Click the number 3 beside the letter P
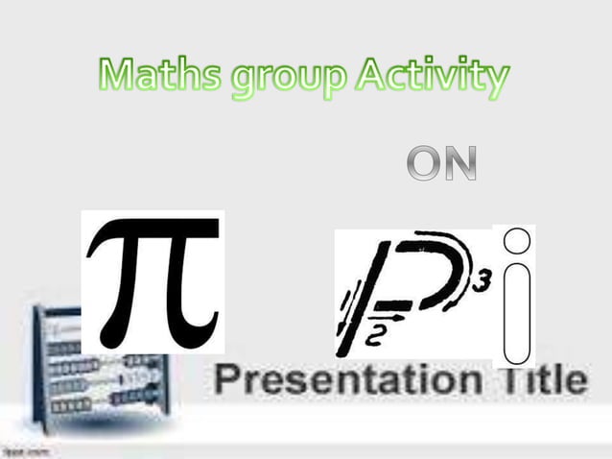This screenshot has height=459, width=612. click(483, 280)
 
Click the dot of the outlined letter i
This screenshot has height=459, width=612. click(516, 240)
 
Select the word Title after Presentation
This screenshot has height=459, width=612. click(537, 378)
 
